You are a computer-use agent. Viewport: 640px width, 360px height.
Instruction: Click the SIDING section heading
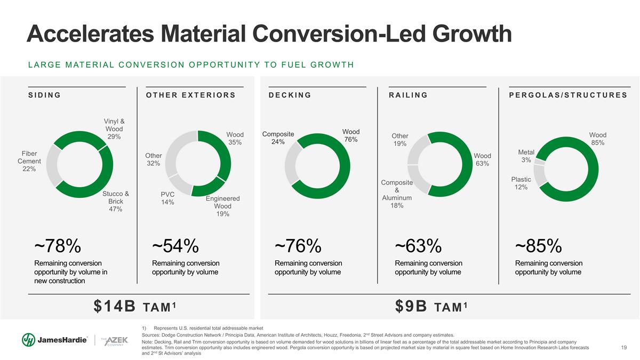click(44, 95)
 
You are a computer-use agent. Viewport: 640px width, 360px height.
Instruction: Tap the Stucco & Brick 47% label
click(116, 201)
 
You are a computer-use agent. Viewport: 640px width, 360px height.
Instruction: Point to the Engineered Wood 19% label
click(223, 206)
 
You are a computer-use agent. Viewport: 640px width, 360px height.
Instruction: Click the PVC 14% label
click(168, 198)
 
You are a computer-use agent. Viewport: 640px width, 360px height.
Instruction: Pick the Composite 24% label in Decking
click(278, 138)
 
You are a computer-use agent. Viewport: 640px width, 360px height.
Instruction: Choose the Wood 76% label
click(350, 135)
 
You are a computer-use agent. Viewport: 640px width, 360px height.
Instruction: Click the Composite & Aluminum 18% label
click(397, 194)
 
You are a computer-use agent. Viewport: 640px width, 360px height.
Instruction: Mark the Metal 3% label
click(526, 156)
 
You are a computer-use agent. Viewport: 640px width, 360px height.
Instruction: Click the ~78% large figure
click(58, 246)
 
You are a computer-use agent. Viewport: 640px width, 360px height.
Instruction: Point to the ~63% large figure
click(418, 246)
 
